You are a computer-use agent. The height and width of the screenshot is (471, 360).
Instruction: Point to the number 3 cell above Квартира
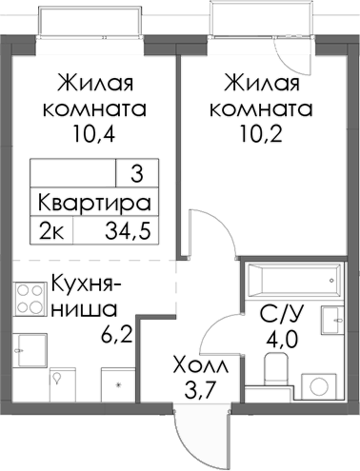(136, 174)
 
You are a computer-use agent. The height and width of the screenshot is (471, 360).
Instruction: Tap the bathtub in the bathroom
(291, 280)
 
